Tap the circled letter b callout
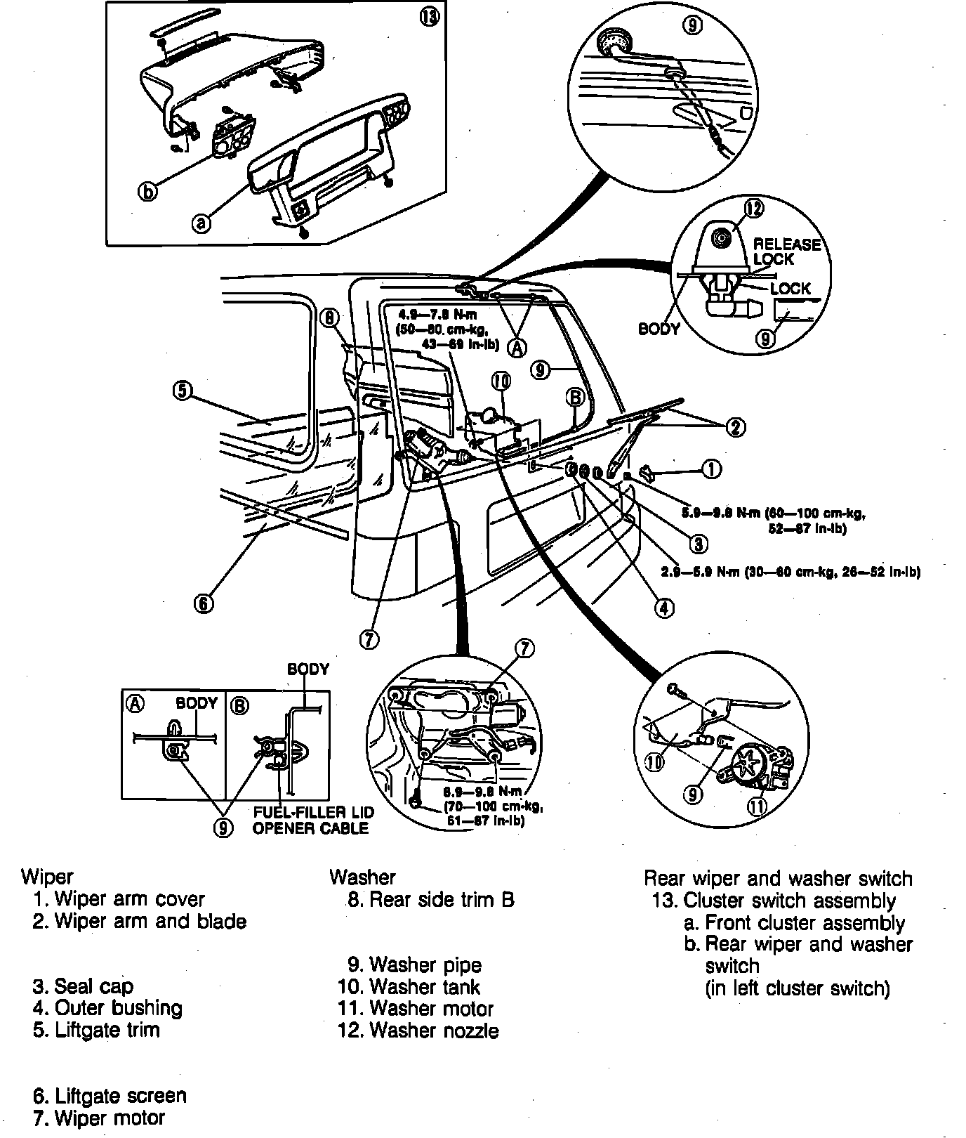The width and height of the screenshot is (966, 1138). pos(147,190)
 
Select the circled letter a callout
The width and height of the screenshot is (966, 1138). pos(201,223)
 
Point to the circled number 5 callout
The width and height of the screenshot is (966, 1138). pos(182,391)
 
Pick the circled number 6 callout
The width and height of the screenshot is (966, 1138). pos(204,603)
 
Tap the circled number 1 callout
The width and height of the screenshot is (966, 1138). pos(711,469)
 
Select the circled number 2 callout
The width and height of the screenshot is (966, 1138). pos(736,427)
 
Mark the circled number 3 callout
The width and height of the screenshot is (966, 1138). pos(698,543)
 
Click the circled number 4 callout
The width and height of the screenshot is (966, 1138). pos(663,608)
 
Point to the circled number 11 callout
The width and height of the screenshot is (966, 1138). pos(756,806)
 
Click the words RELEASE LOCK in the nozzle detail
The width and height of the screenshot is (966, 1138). pos(786,251)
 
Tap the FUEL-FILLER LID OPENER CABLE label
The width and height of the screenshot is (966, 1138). pos(313,820)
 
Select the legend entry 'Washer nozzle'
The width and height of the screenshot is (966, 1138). pos(418,1031)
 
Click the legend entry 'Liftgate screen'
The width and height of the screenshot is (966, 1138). pos(110,1096)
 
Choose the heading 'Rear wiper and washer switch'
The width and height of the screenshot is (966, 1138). pos(778,878)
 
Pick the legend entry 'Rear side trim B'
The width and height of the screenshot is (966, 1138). pos(430,899)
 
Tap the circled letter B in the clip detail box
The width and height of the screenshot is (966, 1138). pos(239,705)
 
